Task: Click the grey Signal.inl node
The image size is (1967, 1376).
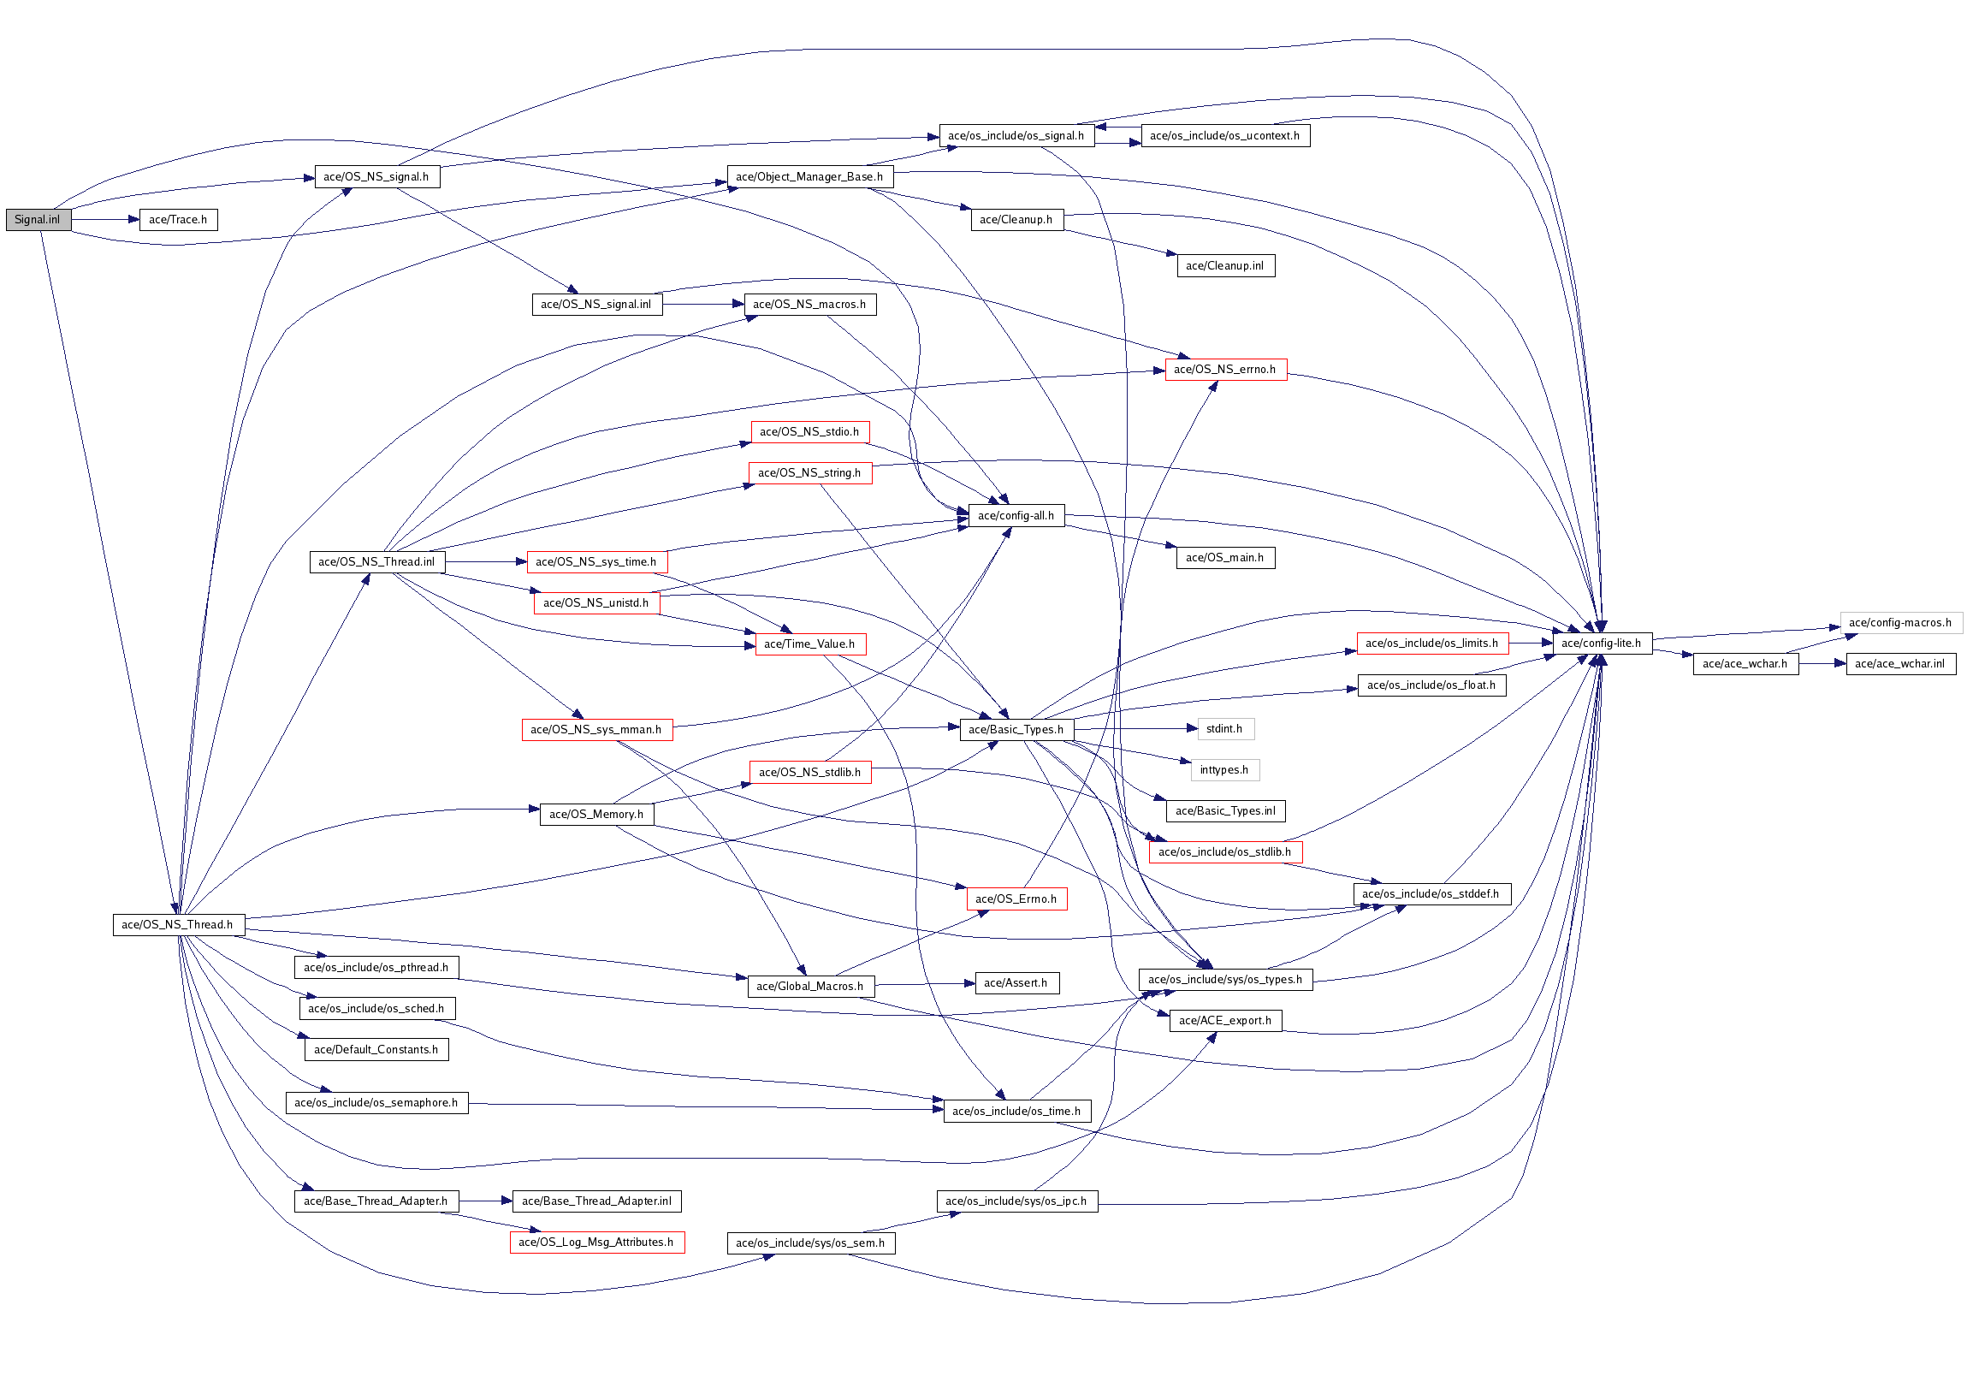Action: (x=38, y=220)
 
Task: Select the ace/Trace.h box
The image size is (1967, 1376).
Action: (x=178, y=220)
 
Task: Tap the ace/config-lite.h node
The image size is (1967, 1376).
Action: (x=1600, y=644)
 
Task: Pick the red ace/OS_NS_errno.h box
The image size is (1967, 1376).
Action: (x=1224, y=371)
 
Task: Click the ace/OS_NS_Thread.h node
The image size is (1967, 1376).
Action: (x=177, y=925)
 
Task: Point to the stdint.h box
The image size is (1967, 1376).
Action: (x=1224, y=729)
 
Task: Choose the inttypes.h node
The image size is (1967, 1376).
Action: (x=1224, y=770)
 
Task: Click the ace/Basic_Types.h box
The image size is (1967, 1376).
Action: (x=1016, y=730)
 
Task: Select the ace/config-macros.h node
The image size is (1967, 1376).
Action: (x=1899, y=623)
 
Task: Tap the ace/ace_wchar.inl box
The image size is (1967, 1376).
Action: (x=1899, y=664)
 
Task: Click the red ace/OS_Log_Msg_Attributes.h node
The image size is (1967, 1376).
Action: (x=596, y=1243)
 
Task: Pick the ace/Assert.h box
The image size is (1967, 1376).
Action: (x=1016, y=983)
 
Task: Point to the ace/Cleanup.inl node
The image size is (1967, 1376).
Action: (x=1224, y=266)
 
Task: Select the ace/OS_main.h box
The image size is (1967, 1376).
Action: (x=1224, y=558)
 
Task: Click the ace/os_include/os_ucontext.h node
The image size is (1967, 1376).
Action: (x=1224, y=136)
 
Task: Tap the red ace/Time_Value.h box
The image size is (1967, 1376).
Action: (x=809, y=644)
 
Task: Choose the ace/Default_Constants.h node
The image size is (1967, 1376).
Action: (x=376, y=1051)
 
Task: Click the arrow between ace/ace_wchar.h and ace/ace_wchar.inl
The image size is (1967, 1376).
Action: (x=1822, y=664)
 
